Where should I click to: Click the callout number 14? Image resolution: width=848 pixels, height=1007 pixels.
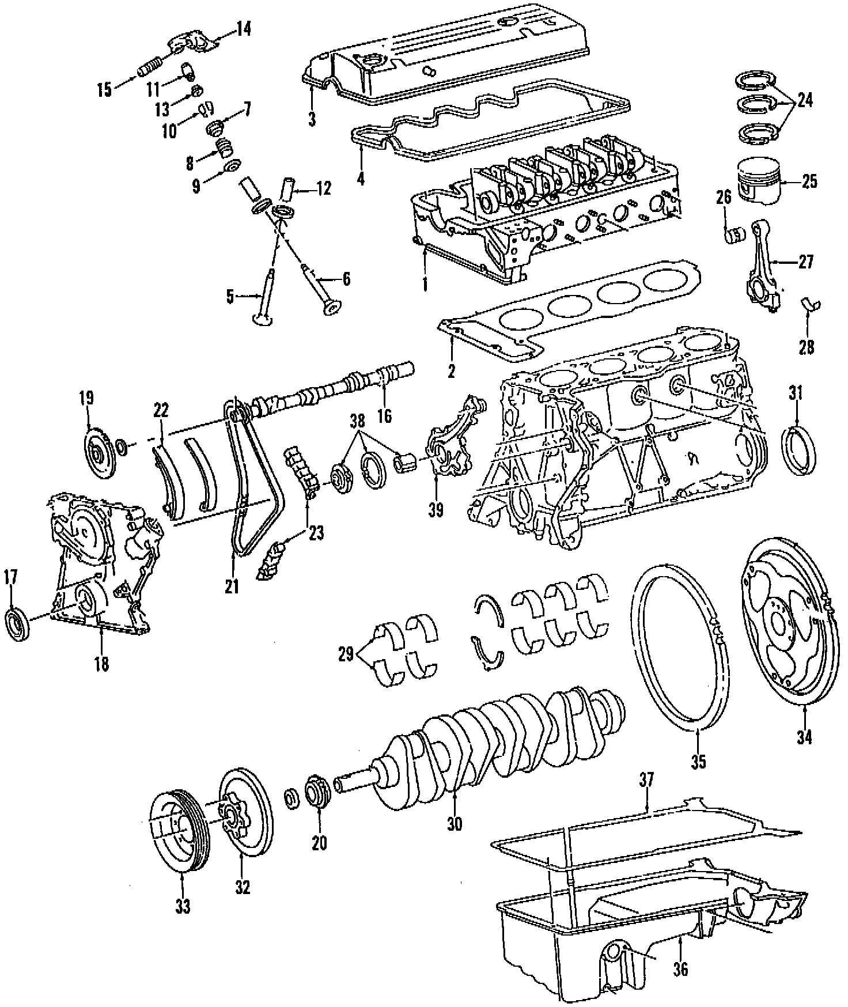244,28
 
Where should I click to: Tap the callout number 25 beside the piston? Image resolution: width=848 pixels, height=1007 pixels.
809,181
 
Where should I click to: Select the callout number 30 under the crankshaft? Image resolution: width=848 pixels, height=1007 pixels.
455,824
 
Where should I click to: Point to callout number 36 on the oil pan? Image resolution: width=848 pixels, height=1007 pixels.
680,969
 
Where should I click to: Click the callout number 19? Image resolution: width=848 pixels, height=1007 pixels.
87,398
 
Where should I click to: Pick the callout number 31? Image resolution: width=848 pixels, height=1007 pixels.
796,393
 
